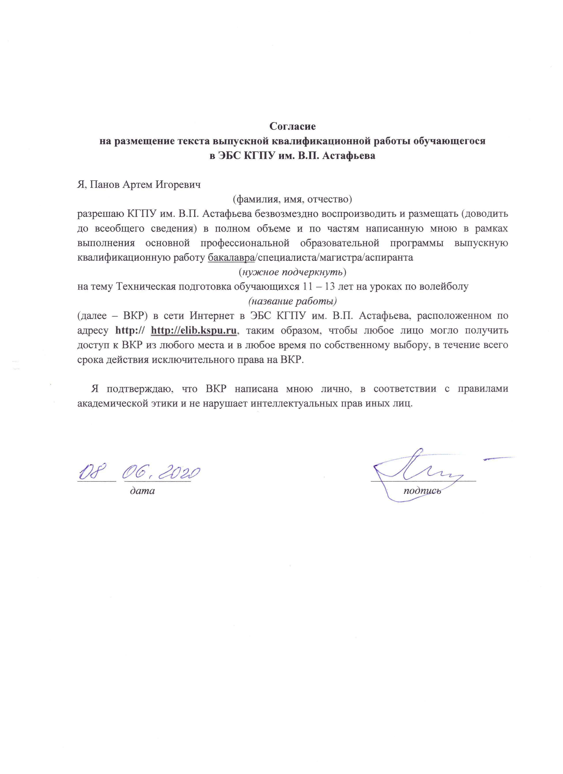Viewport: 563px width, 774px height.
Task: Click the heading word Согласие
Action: (x=292, y=127)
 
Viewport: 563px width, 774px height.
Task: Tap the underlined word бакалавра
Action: (x=231, y=257)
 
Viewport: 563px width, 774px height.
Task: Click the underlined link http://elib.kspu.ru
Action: (x=194, y=330)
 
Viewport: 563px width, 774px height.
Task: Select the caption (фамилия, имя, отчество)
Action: (x=292, y=199)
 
